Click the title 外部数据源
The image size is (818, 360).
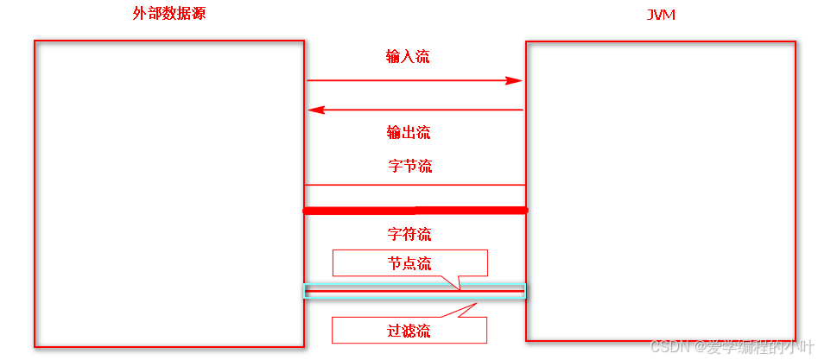click(x=169, y=14)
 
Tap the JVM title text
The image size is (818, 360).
click(x=661, y=16)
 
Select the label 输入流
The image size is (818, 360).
click(x=408, y=57)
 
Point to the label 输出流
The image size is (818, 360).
click(x=409, y=132)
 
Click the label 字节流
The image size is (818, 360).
click(x=410, y=166)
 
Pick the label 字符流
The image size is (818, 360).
click(x=409, y=234)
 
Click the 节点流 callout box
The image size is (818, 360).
click(x=409, y=262)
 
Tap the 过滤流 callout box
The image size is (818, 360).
click(x=409, y=330)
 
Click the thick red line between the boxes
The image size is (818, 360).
click(x=415, y=210)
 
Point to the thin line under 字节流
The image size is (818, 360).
click(x=415, y=185)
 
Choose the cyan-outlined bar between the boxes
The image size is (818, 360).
click(x=415, y=291)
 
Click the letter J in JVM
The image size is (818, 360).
click(x=650, y=16)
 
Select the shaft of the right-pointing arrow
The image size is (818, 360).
click(x=406, y=80)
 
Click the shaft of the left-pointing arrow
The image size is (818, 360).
click(x=423, y=110)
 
